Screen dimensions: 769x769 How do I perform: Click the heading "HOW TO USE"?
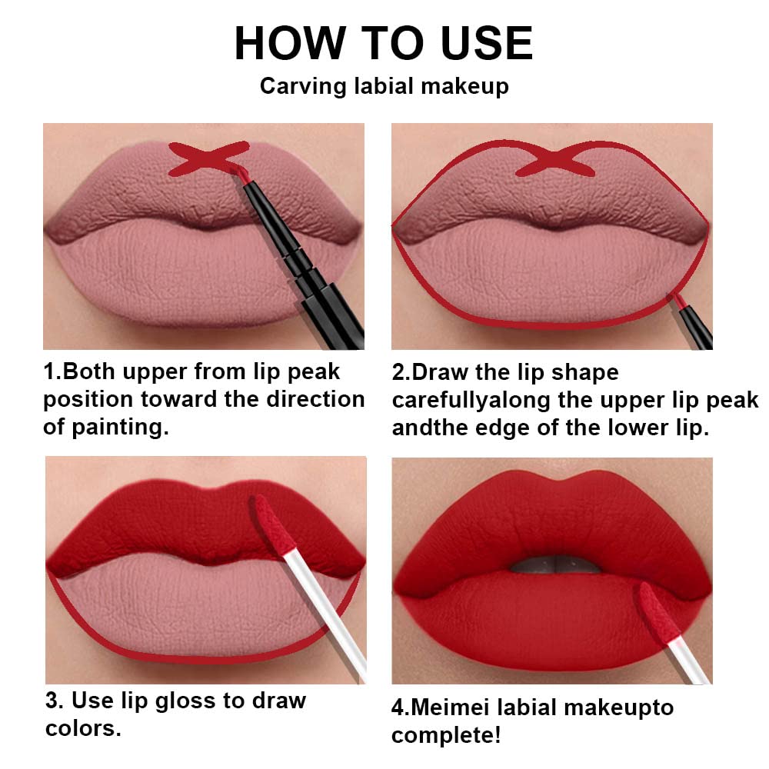point(383,43)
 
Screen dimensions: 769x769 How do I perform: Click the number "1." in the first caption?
point(52,372)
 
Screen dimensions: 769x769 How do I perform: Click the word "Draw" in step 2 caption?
point(445,373)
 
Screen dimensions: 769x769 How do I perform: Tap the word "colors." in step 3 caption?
point(83,728)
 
